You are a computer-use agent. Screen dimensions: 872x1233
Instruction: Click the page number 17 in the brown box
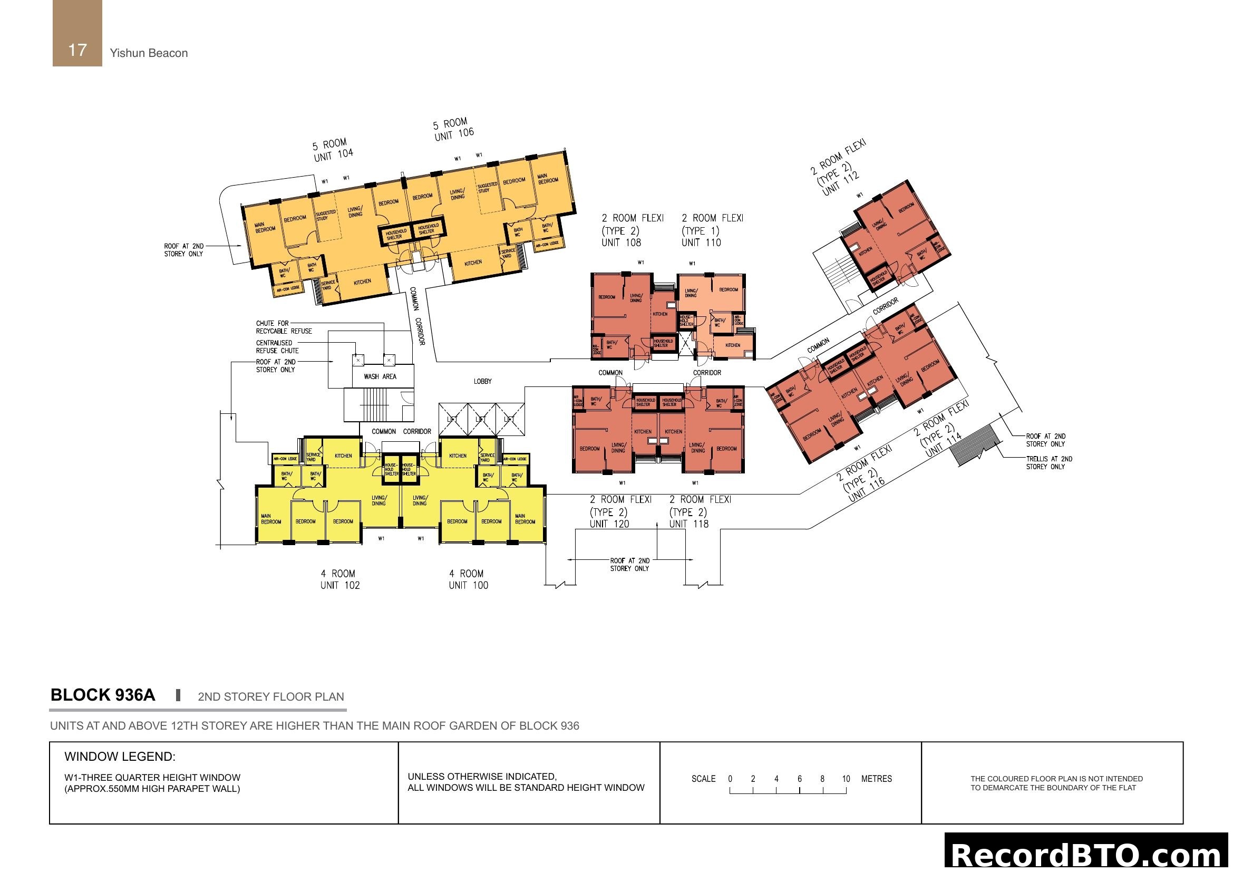(x=77, y=50)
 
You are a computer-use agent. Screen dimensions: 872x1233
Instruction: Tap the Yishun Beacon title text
(x=149, y=53)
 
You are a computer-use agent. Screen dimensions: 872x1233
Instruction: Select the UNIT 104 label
(x=334, y=155)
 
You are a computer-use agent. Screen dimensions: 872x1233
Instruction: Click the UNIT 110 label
(x=701, y=243)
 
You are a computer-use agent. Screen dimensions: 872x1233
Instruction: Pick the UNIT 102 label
(x=340, y=585)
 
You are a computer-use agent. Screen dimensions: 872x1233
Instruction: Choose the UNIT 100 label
(x=468, y=585)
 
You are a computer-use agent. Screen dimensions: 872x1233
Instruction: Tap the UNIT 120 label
(x=609, y=524)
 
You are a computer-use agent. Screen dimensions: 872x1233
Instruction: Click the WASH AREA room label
(x=380, y=376)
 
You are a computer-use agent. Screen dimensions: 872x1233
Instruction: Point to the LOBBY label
(x=482, y=381)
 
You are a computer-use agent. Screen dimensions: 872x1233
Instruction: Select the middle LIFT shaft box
(x=481, y=419)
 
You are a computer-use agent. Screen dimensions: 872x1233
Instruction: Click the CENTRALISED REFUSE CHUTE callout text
(x=277, y=347)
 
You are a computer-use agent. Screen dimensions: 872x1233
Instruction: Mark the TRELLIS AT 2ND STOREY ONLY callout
(x=1049, y=463)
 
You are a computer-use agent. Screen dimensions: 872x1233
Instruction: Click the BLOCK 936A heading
(x=103, y=695)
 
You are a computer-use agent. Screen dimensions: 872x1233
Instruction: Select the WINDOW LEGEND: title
(x=120, y=757)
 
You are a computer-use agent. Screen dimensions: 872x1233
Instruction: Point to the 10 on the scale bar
(x=846, y=779)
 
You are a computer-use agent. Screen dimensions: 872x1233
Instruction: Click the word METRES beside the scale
(x=877, y=779)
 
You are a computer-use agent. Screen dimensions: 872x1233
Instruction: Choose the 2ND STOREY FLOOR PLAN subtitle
(x=270, y=697)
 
